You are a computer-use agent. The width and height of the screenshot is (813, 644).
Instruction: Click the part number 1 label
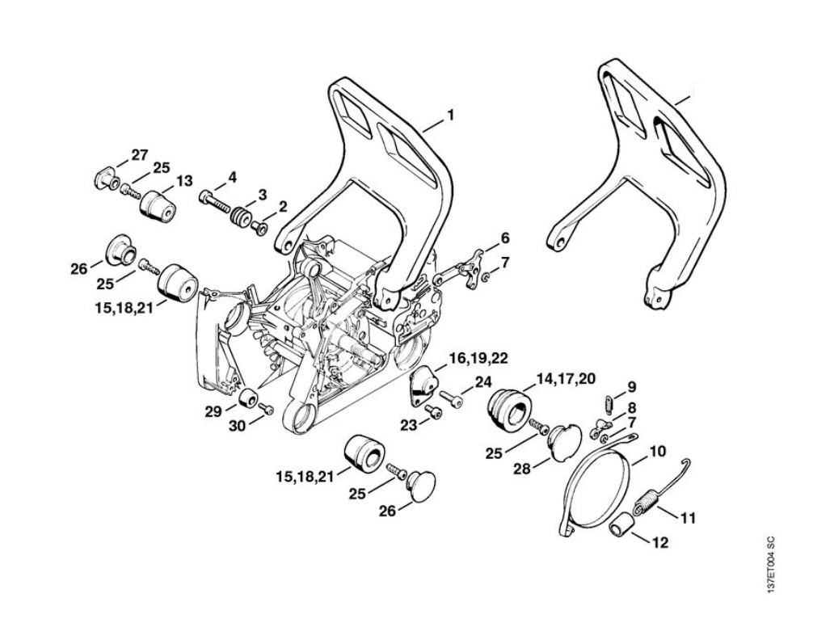coord(450,116)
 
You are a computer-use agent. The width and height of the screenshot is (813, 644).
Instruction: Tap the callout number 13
coord(184,181)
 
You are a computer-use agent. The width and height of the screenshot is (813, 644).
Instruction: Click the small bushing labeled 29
coord(247,399)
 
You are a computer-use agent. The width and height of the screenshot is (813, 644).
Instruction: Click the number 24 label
coord(482,381)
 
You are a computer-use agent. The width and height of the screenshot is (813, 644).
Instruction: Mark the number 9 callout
coord(631,387)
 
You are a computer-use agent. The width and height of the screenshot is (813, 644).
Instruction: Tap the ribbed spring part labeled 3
coord(240,219)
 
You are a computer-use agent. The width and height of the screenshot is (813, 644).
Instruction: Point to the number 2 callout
coord(282,207)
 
